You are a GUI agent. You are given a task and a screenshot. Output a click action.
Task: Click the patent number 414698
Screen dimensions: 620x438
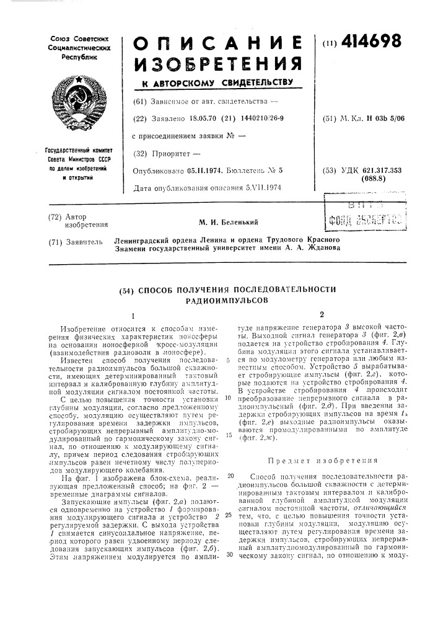coord(370,43)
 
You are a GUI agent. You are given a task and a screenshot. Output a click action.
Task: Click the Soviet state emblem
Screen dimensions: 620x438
coord(78,102)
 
